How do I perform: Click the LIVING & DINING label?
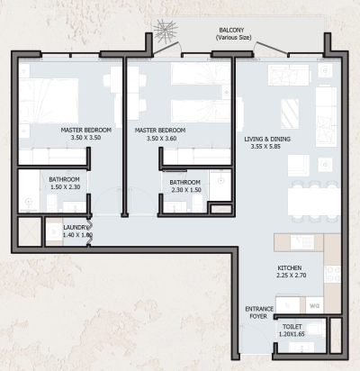pos(269,139)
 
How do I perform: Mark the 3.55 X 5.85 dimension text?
pos(269,148)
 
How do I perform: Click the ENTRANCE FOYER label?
pos(258,312)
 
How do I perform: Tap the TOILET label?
pos(292,326)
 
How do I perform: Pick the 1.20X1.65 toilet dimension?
pos(292,335)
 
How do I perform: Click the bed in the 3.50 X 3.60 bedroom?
pos(189,90)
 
